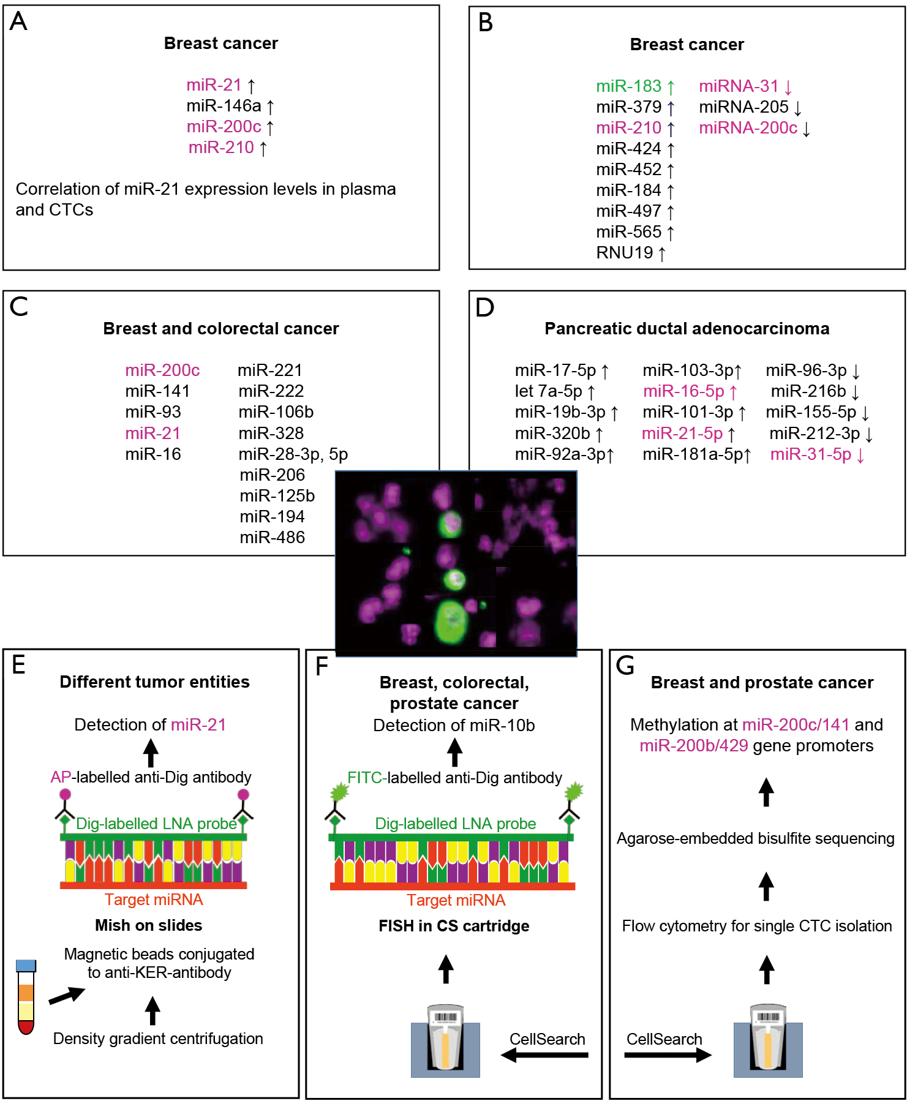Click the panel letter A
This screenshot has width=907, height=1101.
tap(18, 21)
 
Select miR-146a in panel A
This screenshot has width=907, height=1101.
tap(224, 106)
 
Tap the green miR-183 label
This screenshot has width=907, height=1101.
tap(629, 86)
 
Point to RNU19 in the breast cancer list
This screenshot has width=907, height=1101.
tap(625, 253)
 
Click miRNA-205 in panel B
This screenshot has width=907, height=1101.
tap(743, 107)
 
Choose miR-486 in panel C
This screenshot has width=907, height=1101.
tap(272, 538)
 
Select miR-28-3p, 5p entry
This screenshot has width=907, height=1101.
tap(293, 454)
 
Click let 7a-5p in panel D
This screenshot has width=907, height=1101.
tap(548, 391)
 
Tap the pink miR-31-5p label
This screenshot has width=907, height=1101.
tap(810, 454)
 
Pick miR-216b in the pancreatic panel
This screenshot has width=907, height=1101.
tap(808, 391)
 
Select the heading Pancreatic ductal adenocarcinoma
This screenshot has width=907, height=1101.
tap(687, 329)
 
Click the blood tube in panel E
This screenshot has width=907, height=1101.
tap(26, 997)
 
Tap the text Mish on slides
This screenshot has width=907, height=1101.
tap(149, 925)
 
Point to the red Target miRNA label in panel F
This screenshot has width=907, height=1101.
tap(456, 900)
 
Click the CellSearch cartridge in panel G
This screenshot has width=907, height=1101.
tap(768, 1040)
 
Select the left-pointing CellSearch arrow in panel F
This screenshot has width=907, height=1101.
tap(544, 1054)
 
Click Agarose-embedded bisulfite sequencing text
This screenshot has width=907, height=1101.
tap(756, 838)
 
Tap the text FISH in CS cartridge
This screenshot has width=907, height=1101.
tap(454, 926)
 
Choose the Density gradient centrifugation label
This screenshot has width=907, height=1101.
tap(158, 1039)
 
